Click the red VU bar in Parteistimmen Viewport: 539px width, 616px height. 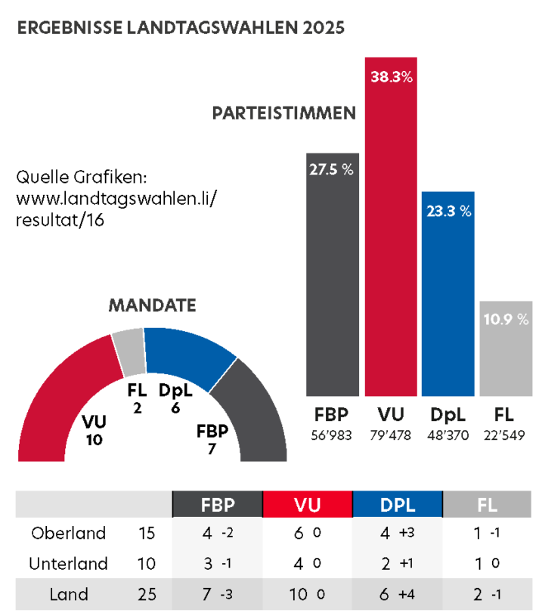click(x=391, y=227)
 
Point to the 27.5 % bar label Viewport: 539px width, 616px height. click(x=331, y=170)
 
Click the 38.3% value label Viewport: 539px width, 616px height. click(x=391, y=76)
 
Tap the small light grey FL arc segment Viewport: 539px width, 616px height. click(x=129, y=352)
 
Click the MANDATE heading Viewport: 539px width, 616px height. click(x=152, y=306)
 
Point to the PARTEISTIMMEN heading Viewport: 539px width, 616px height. click(x=284, y=114)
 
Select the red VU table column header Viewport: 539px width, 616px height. click(x=308, y=505)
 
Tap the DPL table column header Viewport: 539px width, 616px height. click(x=398, y=505)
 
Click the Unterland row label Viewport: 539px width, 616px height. click(x=68, y=564)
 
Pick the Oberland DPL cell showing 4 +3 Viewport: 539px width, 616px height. click(x=398, y=534)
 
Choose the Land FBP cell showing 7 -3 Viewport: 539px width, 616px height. click(x=218, y=595)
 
